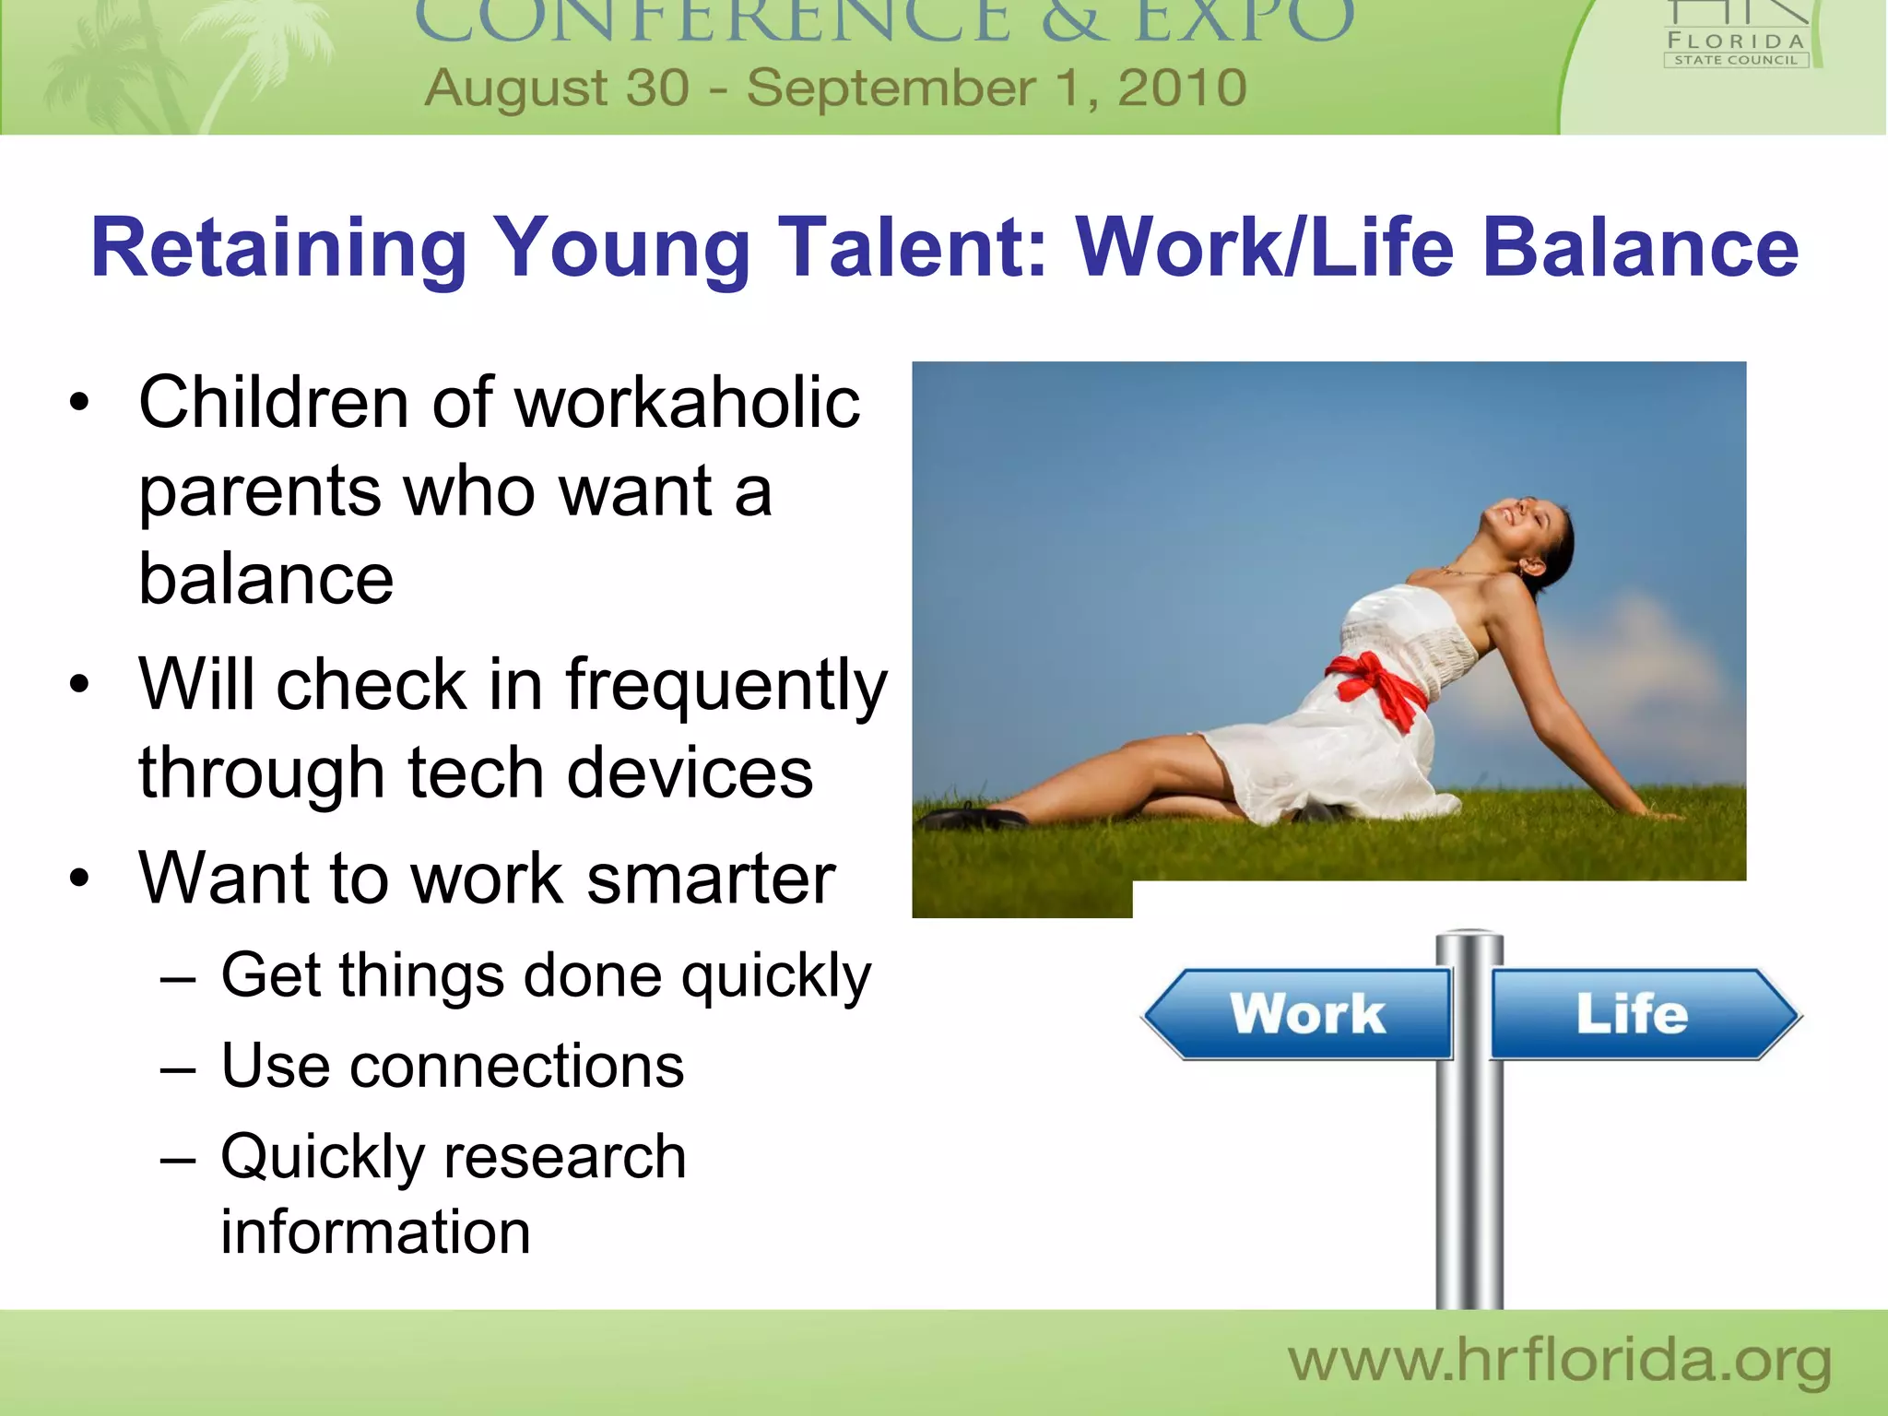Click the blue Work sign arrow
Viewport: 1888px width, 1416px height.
(1300, 1013)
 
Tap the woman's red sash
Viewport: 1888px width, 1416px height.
(1378, 687)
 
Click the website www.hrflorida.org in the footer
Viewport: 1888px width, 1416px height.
(1559, 1362)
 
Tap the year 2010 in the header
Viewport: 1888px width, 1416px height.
(1182, 88)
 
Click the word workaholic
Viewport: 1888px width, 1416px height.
(687, 403)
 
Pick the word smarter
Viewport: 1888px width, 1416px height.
(710, 878)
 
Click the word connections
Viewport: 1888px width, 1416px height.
(516, 1066)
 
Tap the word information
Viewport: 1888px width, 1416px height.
(375, 1232)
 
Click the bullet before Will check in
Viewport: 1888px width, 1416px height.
(80, 685)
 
